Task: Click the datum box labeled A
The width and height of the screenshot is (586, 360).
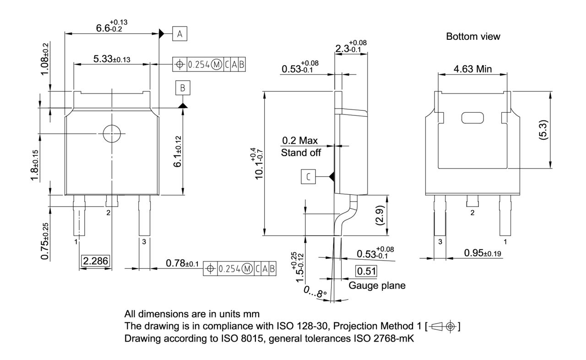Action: tap(179, 34)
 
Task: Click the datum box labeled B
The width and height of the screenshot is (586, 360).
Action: tap(182, 88)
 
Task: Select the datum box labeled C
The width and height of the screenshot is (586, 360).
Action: tap(308, 177)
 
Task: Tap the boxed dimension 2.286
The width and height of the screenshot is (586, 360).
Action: tap(96, 261)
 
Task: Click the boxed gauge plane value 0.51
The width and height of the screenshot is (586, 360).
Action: tap(366, 271)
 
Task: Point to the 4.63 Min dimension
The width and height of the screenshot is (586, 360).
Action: tap(472, 69)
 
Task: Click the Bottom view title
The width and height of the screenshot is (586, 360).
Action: tap(473, 37)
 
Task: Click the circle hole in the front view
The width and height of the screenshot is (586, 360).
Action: tap(112, 134)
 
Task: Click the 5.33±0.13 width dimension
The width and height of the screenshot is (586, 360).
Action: tap(112, 59)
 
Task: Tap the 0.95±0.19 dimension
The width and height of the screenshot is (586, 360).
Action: tap(483, 252)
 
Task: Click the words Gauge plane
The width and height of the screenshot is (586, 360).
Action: tap(377, 286)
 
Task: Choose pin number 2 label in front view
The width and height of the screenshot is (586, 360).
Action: tap(109, 213)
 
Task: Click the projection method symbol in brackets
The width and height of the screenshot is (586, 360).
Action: tap(443, 327)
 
